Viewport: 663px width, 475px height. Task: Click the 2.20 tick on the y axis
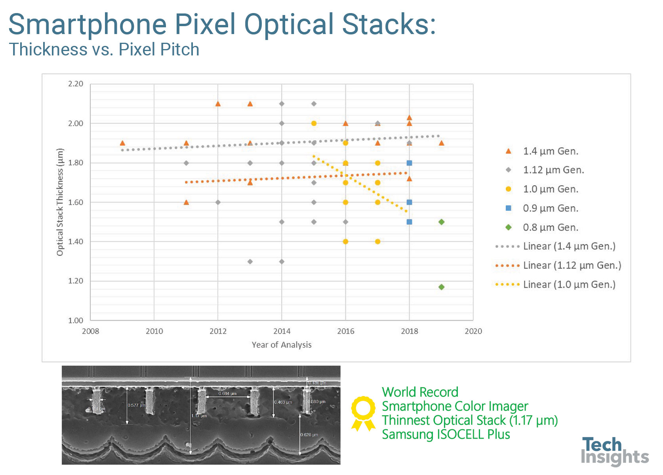76,84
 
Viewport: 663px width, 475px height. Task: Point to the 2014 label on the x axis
282,331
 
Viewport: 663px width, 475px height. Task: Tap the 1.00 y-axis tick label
76,321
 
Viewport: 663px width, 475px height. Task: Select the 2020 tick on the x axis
473,331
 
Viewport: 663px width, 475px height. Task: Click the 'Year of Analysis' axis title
282,345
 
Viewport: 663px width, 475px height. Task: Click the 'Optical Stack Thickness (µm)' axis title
60,202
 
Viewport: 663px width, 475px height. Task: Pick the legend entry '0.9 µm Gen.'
551,209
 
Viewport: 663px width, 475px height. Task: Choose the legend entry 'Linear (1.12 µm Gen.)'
572,265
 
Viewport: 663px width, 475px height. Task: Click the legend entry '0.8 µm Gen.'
551,228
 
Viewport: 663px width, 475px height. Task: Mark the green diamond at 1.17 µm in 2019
442,287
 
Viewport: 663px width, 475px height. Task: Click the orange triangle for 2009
122,143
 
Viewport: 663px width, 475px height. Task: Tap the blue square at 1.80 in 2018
410,163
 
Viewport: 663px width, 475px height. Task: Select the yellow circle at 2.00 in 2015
314,123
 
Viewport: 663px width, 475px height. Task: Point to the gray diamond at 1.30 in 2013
250,262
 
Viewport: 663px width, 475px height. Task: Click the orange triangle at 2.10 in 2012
218,104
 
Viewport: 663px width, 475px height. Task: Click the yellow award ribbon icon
363,413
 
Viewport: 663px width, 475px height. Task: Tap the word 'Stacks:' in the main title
389,25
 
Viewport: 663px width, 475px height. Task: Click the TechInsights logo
614,451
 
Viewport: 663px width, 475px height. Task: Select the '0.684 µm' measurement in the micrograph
227,393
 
